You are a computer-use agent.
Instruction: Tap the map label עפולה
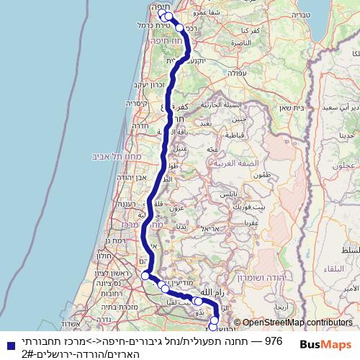(236, 73)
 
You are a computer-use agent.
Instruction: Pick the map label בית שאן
(297, 107)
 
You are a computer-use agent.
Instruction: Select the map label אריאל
(211, 228)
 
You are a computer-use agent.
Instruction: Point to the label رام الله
(215, 293)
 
